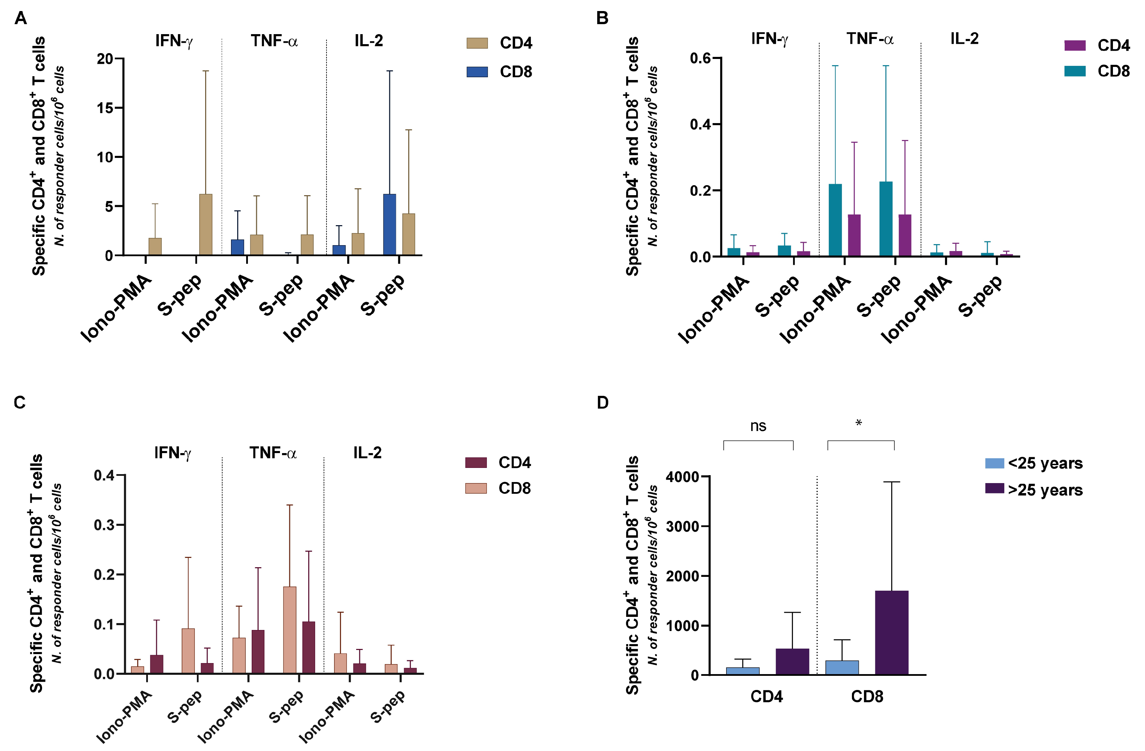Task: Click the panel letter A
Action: click(x=21, y=18)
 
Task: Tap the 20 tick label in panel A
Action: click(x=104, y=59)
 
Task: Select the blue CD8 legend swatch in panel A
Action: click(x=477, y=72)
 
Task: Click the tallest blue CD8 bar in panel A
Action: click(x=390, y=224)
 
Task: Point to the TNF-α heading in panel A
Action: click(x=274, y=41)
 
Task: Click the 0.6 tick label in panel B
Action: click(x=700, y=58)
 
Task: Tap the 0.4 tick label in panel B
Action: click(x=700, y=124)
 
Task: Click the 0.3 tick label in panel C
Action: click(x=104, y=525)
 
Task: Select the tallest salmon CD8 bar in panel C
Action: click(x=290, y=630)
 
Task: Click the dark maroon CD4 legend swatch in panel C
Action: click(x=476, y=462)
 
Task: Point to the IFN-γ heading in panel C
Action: click(x=173, y=453)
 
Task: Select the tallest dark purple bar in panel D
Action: click(x=892, y=633)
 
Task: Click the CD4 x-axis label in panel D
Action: click(x=766, y=697)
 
